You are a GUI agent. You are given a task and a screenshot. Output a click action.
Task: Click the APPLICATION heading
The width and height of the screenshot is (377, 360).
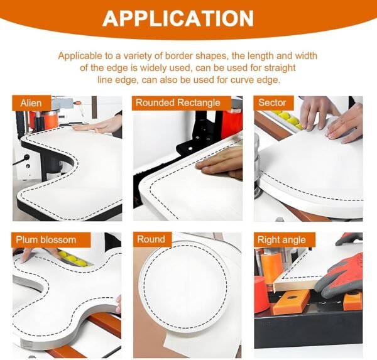178,18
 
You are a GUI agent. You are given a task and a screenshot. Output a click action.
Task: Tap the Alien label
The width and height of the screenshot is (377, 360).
31,103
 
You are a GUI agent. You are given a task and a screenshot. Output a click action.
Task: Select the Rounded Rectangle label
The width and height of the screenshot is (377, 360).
178,102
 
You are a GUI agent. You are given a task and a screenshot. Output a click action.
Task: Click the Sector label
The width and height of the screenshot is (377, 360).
272,102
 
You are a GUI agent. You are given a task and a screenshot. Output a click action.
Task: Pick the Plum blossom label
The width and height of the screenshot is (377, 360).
46,240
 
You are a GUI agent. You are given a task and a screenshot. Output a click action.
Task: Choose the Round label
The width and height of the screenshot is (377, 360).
151,239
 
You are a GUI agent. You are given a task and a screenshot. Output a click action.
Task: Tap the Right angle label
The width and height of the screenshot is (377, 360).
281,240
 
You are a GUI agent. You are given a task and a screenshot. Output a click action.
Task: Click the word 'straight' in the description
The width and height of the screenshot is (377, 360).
280,68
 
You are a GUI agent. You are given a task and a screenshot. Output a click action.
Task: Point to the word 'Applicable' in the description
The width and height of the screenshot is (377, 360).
80,56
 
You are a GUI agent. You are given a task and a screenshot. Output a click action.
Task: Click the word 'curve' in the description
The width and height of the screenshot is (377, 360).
243,80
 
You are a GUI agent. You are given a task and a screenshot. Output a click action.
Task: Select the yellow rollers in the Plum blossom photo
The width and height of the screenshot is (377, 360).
72,258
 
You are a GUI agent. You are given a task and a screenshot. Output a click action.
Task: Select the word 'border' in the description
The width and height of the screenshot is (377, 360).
179,56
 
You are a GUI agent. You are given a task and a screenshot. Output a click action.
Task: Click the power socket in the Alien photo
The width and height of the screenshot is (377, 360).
26,158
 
